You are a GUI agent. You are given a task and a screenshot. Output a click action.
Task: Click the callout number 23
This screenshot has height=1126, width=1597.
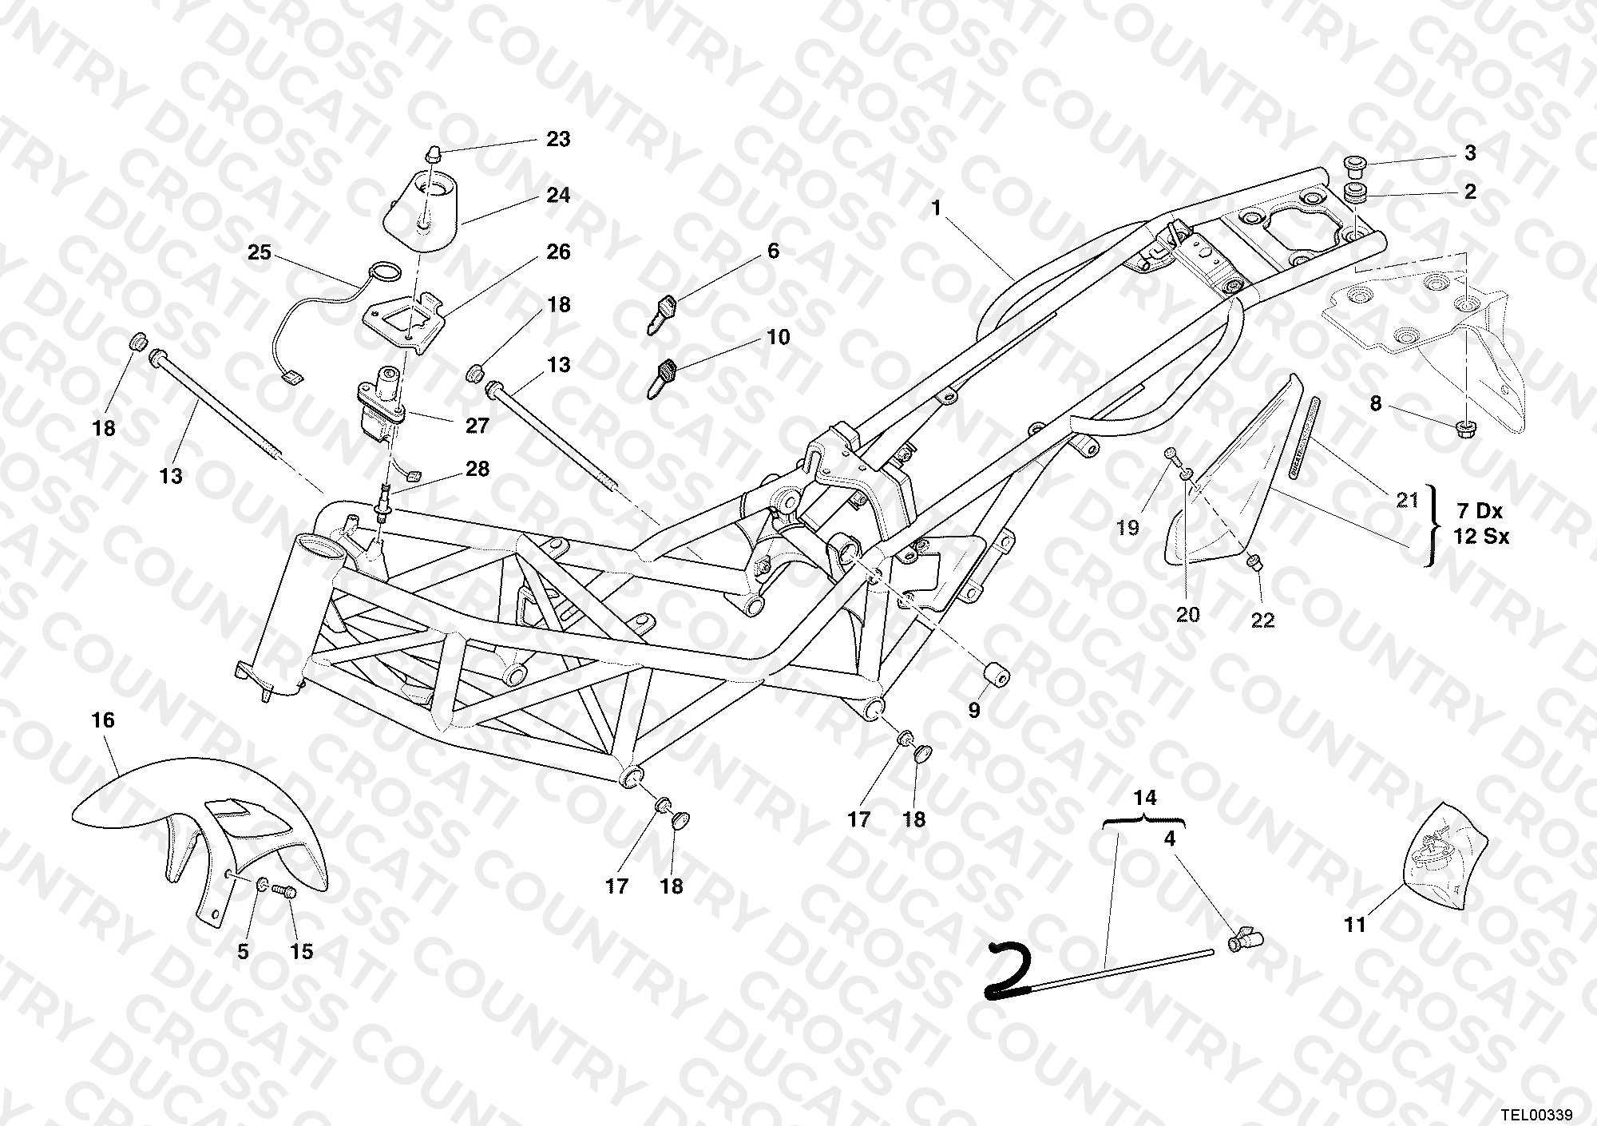point(558,139)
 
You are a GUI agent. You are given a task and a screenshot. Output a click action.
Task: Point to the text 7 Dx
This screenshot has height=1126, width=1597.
point(1480,511)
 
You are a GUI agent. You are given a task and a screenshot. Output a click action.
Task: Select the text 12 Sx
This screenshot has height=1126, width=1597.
point(1482,537)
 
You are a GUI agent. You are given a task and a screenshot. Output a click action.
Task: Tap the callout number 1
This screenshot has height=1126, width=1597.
point(936,208)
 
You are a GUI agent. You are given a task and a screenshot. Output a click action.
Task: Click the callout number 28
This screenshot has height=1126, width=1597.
point(477,468)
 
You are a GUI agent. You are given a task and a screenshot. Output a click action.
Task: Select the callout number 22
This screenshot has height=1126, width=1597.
point(1262,620)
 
